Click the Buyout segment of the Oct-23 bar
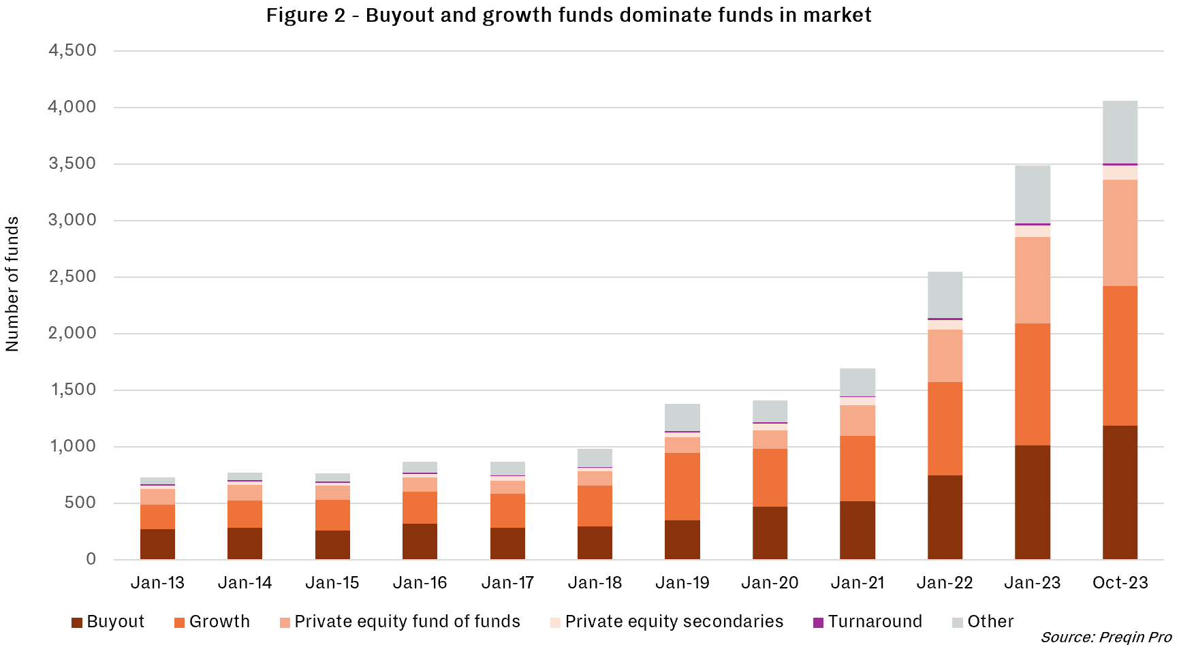click(1120, 492)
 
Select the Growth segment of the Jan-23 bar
click(1033, 384)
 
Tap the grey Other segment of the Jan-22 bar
click(945, 295)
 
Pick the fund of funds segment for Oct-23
click(1120, 233)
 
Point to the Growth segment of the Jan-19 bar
click(682, 486)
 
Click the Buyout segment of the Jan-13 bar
click(157, 544)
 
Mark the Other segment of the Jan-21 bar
click(858, 382)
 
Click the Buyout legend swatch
click(77, 622)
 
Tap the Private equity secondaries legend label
click(674, 622)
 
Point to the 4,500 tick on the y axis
click(72, 50)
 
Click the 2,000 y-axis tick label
click(72, 333)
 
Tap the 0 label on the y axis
click(91, 559)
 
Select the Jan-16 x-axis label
click(420, 583)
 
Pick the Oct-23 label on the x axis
click(1120, 583)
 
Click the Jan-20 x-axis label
click(770, 583)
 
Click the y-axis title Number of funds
click(12, 284)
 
